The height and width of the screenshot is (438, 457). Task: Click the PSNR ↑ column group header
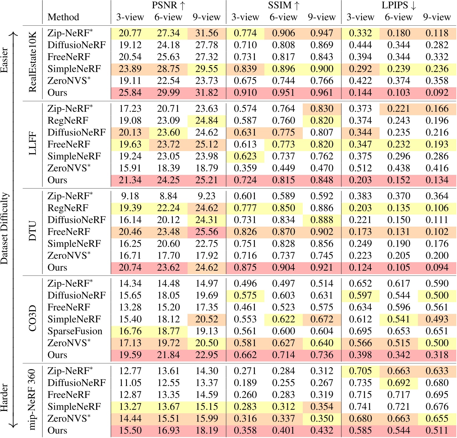168,5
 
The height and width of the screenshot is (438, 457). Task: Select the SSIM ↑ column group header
283,5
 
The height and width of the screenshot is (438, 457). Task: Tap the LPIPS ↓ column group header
399,5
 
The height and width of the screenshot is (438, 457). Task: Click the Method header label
63,17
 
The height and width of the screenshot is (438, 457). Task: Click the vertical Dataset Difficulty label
4,229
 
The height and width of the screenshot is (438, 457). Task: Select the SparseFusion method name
75,331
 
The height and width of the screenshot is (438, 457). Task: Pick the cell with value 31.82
207,93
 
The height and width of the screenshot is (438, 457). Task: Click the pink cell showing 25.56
207,232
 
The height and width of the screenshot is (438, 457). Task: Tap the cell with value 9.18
130,196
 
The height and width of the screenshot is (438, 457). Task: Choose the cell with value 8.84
168,196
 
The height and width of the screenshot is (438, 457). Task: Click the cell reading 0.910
245,93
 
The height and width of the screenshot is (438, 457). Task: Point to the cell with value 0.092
437,93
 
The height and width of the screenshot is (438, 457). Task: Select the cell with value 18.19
207,430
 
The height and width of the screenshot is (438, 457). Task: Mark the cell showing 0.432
322,430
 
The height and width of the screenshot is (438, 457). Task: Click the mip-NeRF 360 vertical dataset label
33,399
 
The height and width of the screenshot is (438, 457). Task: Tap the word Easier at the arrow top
4,60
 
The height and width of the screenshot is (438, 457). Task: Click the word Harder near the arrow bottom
4,398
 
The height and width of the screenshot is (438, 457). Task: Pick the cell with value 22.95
207,355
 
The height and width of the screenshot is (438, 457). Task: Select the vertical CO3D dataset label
33,319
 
